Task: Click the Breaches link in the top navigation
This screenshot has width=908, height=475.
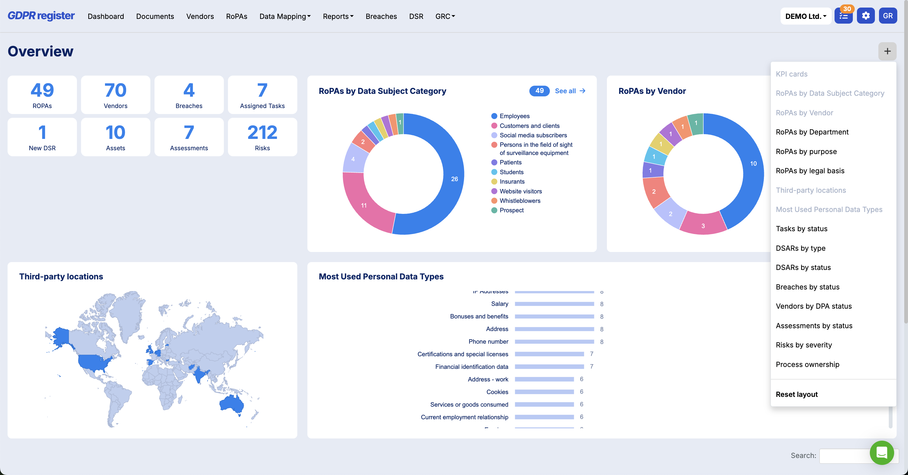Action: (x=381, y=16)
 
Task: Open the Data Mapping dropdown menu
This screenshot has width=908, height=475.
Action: (x=285, y=16)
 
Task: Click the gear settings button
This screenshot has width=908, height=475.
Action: (x=866, y=16)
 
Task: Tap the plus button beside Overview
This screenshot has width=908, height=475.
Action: (x=887, y=51)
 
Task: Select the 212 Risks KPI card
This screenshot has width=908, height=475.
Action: (x=262, y=137)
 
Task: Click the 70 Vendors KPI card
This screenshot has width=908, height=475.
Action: (x=116, y=95)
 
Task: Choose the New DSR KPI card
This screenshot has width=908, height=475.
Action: (x=42, y=137)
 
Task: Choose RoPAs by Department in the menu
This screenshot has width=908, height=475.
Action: (x=812, y=132)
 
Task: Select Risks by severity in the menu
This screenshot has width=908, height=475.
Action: (x=804, y=345)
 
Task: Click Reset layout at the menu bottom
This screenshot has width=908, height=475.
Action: (x=797, y=394)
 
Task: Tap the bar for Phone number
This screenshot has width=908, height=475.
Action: (x=555, y=341)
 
